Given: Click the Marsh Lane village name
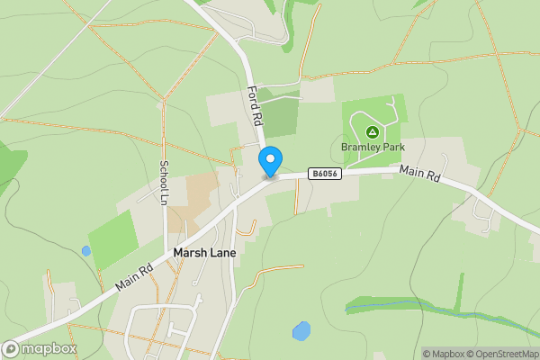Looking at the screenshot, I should click(204, 253).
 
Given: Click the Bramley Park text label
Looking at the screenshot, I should click(373, 147).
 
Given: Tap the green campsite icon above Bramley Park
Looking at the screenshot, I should click(373, 131).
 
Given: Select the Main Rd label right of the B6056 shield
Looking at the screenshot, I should click(419, 175).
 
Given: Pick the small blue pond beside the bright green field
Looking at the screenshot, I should click(85, 251).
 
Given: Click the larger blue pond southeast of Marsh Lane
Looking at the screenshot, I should click(301, 331).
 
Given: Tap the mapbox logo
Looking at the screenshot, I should click(40, 348).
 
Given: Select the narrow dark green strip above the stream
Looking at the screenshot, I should click(461, 292).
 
